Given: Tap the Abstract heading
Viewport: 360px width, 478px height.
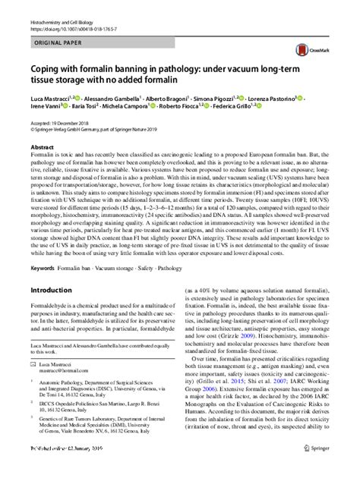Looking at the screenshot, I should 42,146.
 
